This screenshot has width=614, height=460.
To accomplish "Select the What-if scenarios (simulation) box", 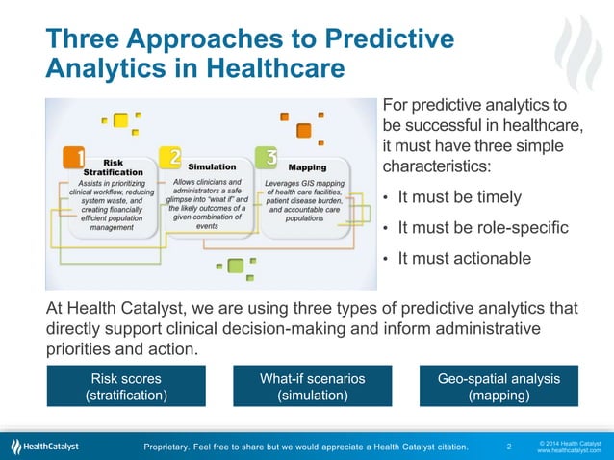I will (313, 386).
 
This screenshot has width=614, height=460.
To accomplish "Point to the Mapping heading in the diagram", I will (307, 166).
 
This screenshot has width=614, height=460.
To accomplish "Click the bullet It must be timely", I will (459, 197).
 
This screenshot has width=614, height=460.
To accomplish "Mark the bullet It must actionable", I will (464, 258).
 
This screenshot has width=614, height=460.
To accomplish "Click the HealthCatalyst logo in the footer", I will (45, 446).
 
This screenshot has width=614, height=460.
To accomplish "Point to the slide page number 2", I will (509, 447).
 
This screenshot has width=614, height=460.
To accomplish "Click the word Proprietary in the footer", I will (171, 447).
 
